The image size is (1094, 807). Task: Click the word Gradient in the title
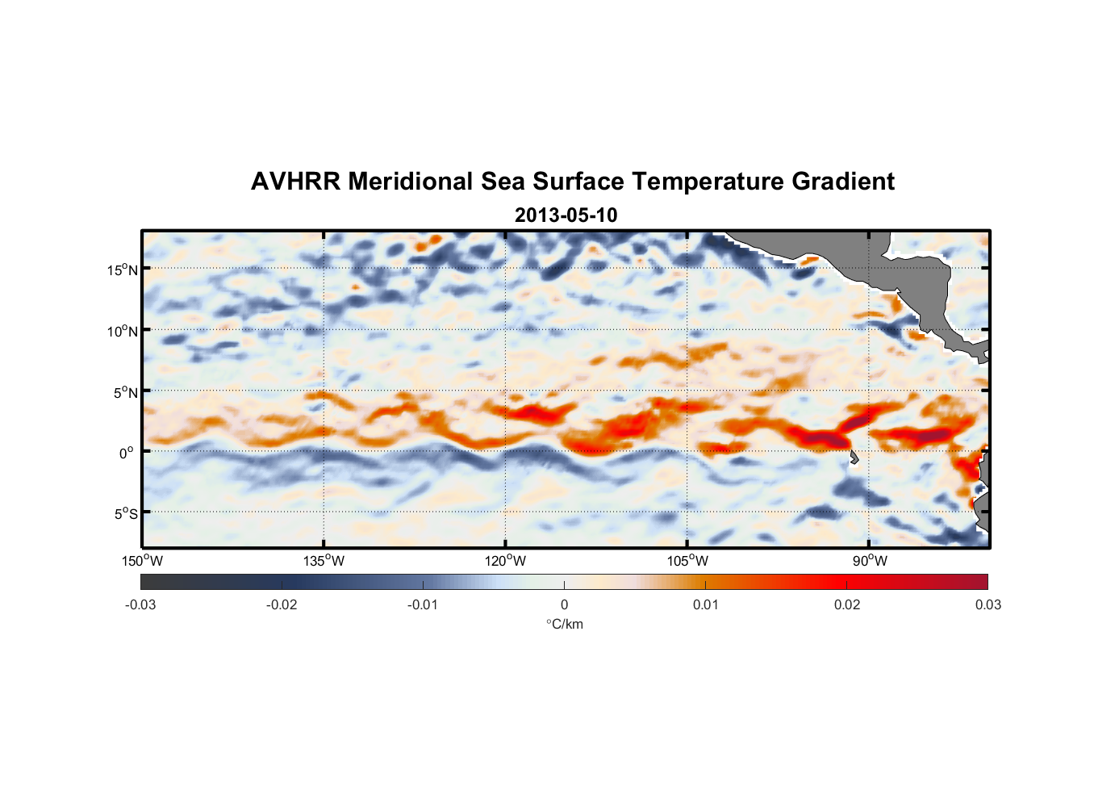click(843, 182)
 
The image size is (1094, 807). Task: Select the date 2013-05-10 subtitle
click(566, 215)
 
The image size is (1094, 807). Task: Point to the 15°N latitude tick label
click(122, 270)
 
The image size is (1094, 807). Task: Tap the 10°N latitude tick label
click(122, 331)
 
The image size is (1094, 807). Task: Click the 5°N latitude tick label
click(124, 392)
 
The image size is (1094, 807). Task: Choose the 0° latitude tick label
click(126, 453)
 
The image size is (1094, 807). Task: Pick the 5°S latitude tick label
click(124, 514)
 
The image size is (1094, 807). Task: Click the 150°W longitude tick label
click(142, 561)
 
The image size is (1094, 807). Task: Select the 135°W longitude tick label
click(324, 561)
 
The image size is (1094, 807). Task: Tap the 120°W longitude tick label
click(505, 561)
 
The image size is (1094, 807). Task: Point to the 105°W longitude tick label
click(687, 561)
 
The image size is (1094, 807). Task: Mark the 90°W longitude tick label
click(870, 561)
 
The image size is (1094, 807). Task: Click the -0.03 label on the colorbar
click(140, 604)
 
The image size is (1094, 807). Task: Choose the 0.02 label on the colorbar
click(846, 604)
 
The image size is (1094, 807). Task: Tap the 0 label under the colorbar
click(564, 604)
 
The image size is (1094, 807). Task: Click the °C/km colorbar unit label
click(564, 624)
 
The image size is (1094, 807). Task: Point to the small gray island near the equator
click(854, 458)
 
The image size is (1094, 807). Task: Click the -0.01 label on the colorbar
click(422, 604)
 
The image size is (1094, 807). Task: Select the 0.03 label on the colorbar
click(988, 604)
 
